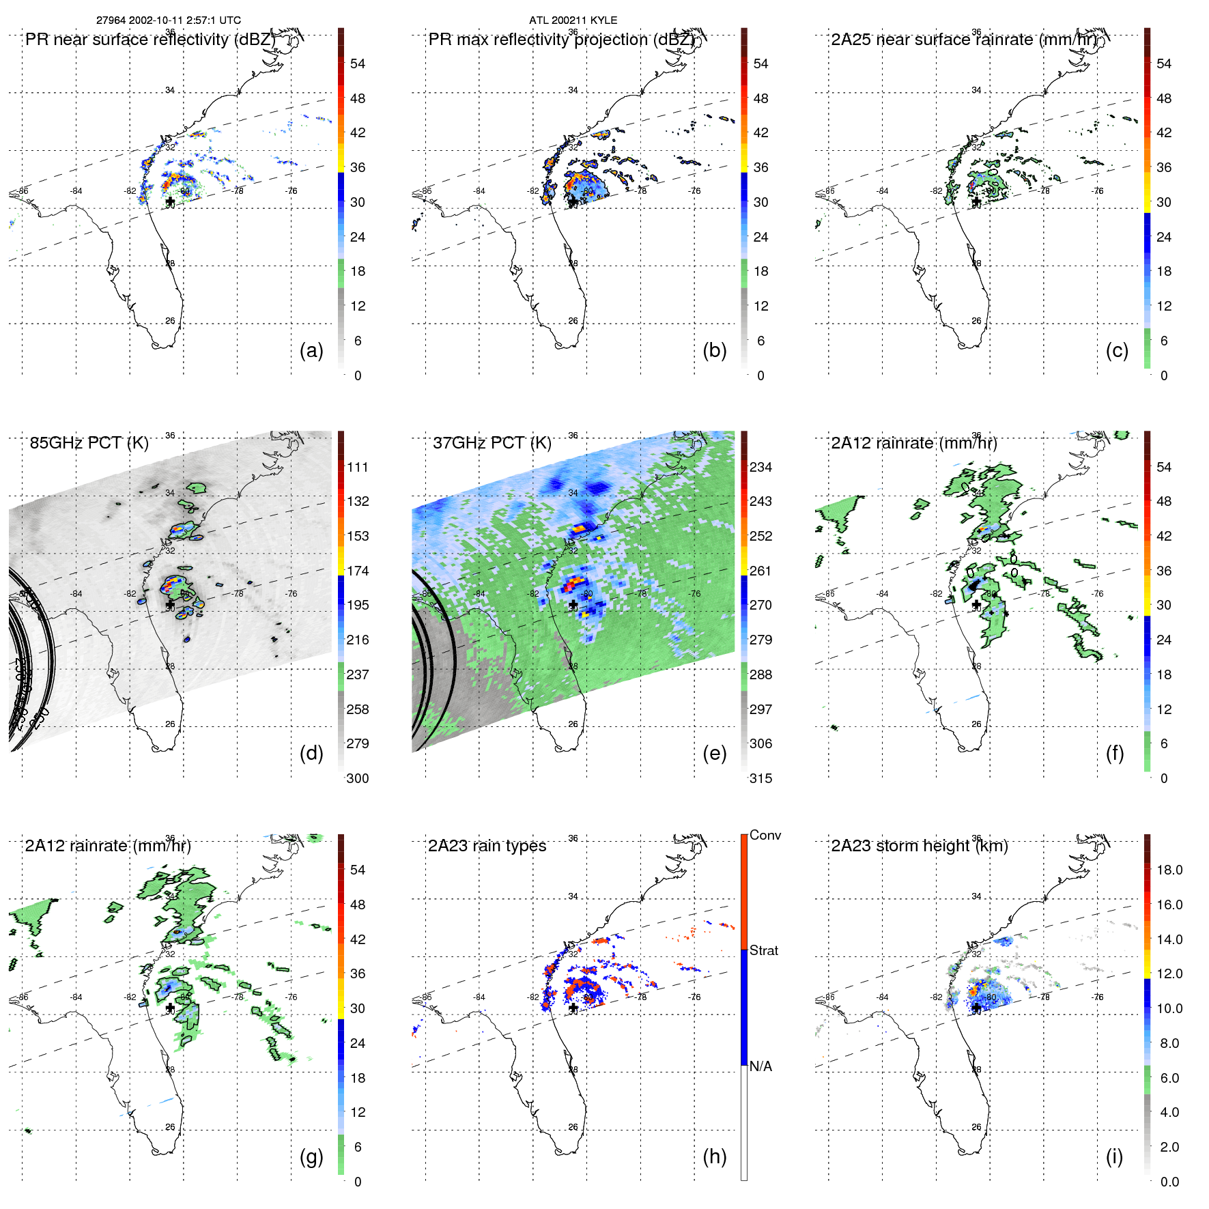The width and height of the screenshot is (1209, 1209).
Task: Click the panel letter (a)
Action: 311,350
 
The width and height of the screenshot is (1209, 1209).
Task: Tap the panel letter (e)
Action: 714,753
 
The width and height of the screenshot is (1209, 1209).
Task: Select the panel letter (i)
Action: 1114,1156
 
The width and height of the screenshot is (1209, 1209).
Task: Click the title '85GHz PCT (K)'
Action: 89,442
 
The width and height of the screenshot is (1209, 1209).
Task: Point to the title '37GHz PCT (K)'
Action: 492,442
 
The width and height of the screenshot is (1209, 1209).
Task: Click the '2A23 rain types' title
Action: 487,846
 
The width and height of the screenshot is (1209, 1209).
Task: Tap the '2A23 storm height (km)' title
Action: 919,846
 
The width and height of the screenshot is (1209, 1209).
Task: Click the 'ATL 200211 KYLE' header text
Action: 573,20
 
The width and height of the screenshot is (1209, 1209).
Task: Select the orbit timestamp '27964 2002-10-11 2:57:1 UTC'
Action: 169,20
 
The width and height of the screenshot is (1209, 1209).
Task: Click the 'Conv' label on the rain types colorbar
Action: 765,835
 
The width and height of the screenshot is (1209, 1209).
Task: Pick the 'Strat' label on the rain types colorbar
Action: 764,950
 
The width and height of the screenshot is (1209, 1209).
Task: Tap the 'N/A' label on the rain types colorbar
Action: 762,1066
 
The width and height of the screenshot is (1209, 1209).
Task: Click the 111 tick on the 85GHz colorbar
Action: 358,467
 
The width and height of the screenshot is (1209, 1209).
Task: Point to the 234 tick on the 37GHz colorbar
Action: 760,467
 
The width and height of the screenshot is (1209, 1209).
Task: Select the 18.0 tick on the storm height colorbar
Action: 1169,870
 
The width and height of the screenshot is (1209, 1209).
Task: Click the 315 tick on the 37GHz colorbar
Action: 760,778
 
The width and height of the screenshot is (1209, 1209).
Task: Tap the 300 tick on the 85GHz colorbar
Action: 358,778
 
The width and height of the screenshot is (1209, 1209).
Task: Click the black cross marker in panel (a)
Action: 170,202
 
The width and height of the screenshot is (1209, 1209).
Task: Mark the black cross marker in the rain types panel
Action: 573,1008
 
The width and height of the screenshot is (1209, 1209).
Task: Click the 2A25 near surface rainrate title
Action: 964,40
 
